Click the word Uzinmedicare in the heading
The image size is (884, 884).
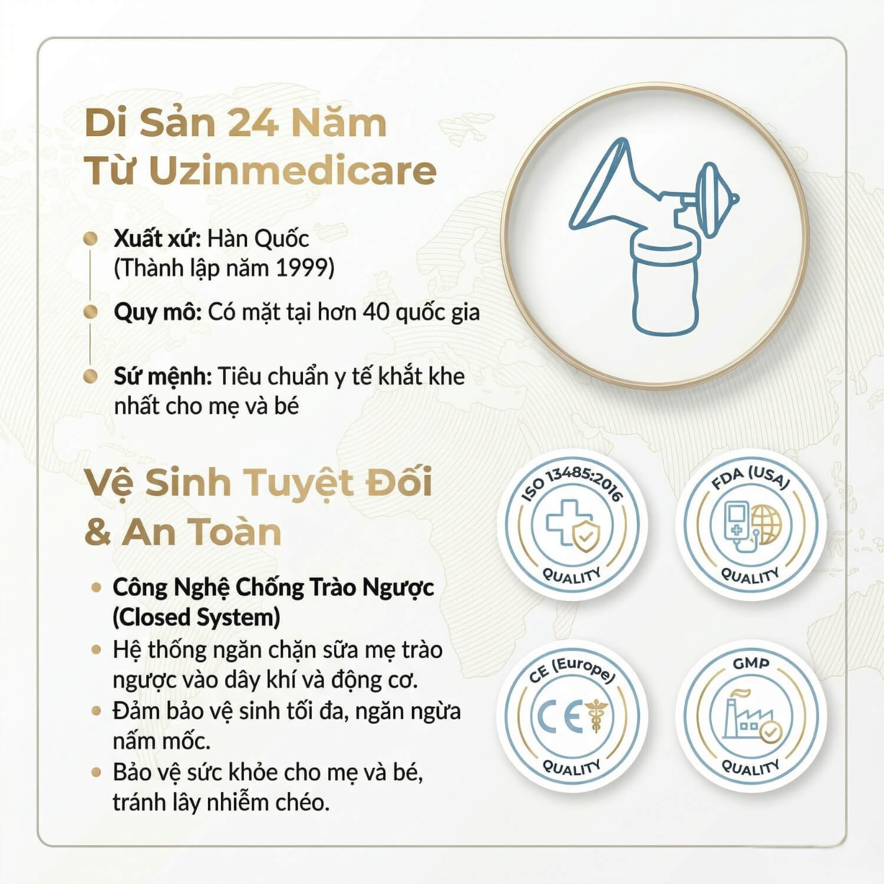[292, 170]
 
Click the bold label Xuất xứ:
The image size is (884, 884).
[157, 238]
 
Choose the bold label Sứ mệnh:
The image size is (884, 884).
[163, 376]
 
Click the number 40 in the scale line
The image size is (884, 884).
[375, 312]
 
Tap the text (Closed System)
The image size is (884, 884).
[196, 617]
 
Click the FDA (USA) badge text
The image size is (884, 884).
[750, 478]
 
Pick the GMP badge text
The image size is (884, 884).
[751, 664]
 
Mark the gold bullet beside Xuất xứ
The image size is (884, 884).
[90, 239]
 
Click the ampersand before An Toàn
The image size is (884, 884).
[97, 532]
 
